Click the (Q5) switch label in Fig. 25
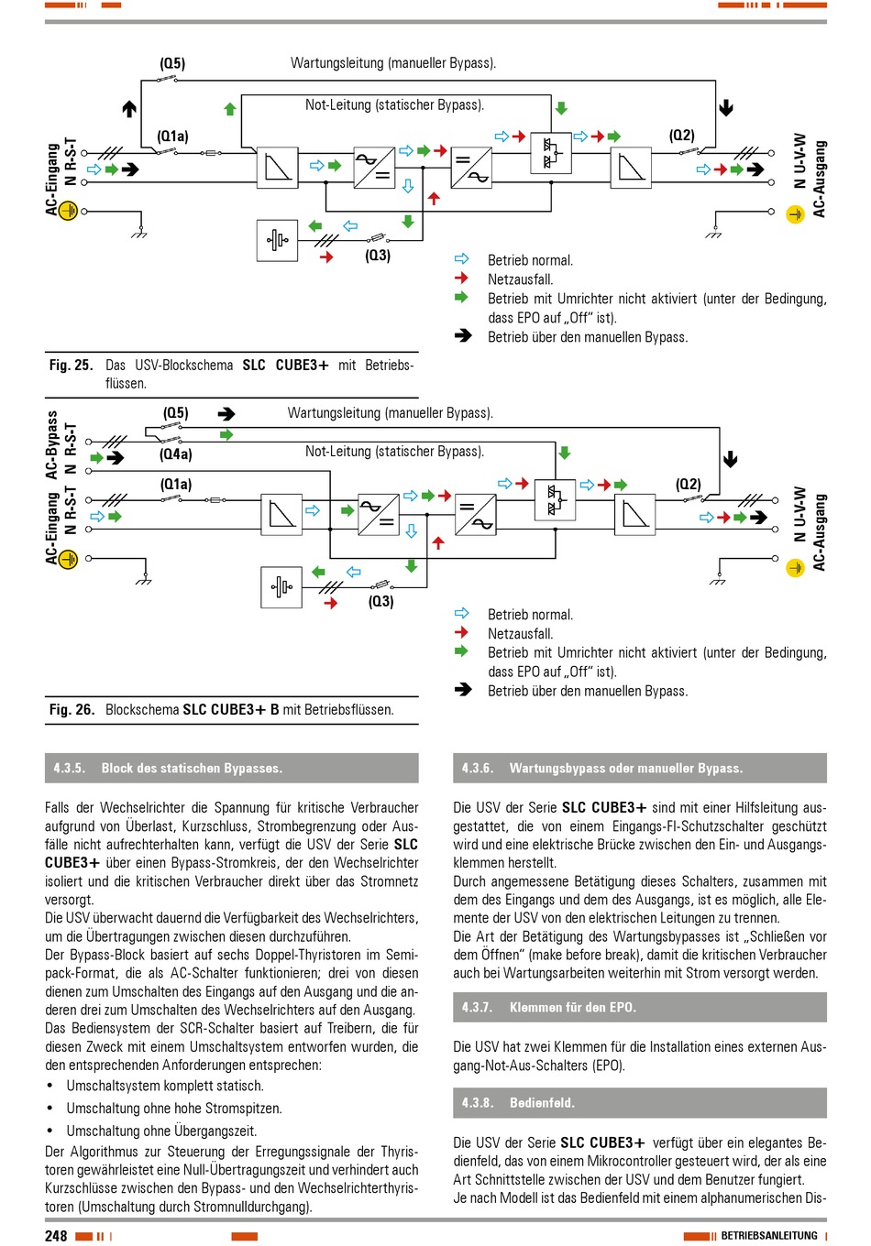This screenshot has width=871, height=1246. pyautogui.click(x=172, y=63)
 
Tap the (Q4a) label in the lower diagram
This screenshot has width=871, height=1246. pyautogui.click(x=175, y=454)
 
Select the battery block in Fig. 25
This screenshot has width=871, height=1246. pyautogui.click(x=277, y=241)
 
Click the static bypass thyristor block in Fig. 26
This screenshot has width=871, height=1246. pyautogui.click(x=555, y=500)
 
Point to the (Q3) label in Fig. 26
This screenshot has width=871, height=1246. pyautogui.click(x=380, y=601)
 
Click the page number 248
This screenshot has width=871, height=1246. pyautogui.click(x=56, y=1235)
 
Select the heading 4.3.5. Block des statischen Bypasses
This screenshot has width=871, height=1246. pyautogui.click(x=168, y=768)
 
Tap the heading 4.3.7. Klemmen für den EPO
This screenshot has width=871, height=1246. pyautogui.click(x=549, y=1008)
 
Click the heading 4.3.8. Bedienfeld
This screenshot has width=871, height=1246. pyautogui.click(x=518, y=1102)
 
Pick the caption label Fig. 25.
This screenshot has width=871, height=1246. pyautogui.click(x=72, y=365)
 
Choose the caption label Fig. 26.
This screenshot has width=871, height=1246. pyautogui.click(x=72, y=710)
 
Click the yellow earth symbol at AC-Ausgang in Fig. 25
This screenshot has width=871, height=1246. pyautogui.click(x=795, y=214)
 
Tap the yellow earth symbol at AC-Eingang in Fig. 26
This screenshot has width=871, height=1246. pyautogui.click(x=68, y=559)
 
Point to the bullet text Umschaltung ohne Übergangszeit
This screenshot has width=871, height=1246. pyautogui.click(x=161, y=1131)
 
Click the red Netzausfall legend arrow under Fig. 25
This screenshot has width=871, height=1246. pyautogui.click(x=461, y=278)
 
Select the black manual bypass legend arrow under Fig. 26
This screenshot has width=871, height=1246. pyautogui.click(x=462, y=690)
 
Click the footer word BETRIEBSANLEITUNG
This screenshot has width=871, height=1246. pyautogui.click(x=769, y=1235)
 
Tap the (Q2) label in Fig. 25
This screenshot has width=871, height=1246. pyautogui.click(x=681, y=136)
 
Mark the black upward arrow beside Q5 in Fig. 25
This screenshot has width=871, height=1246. pyautogui.click(x=129, y=108)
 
